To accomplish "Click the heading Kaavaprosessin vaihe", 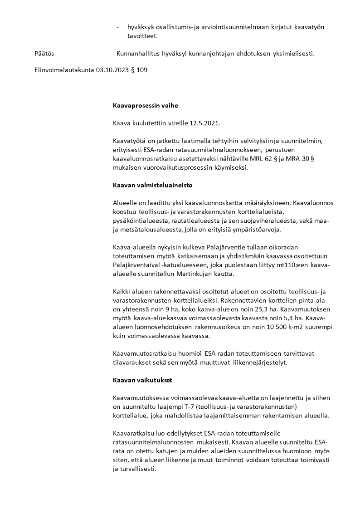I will point(145,106).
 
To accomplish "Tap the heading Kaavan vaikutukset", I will point(141,381).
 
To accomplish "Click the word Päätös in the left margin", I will point(44,54).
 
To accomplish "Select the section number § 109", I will point(139,70).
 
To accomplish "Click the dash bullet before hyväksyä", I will point(118,27).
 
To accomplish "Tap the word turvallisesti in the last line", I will point(137,469).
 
